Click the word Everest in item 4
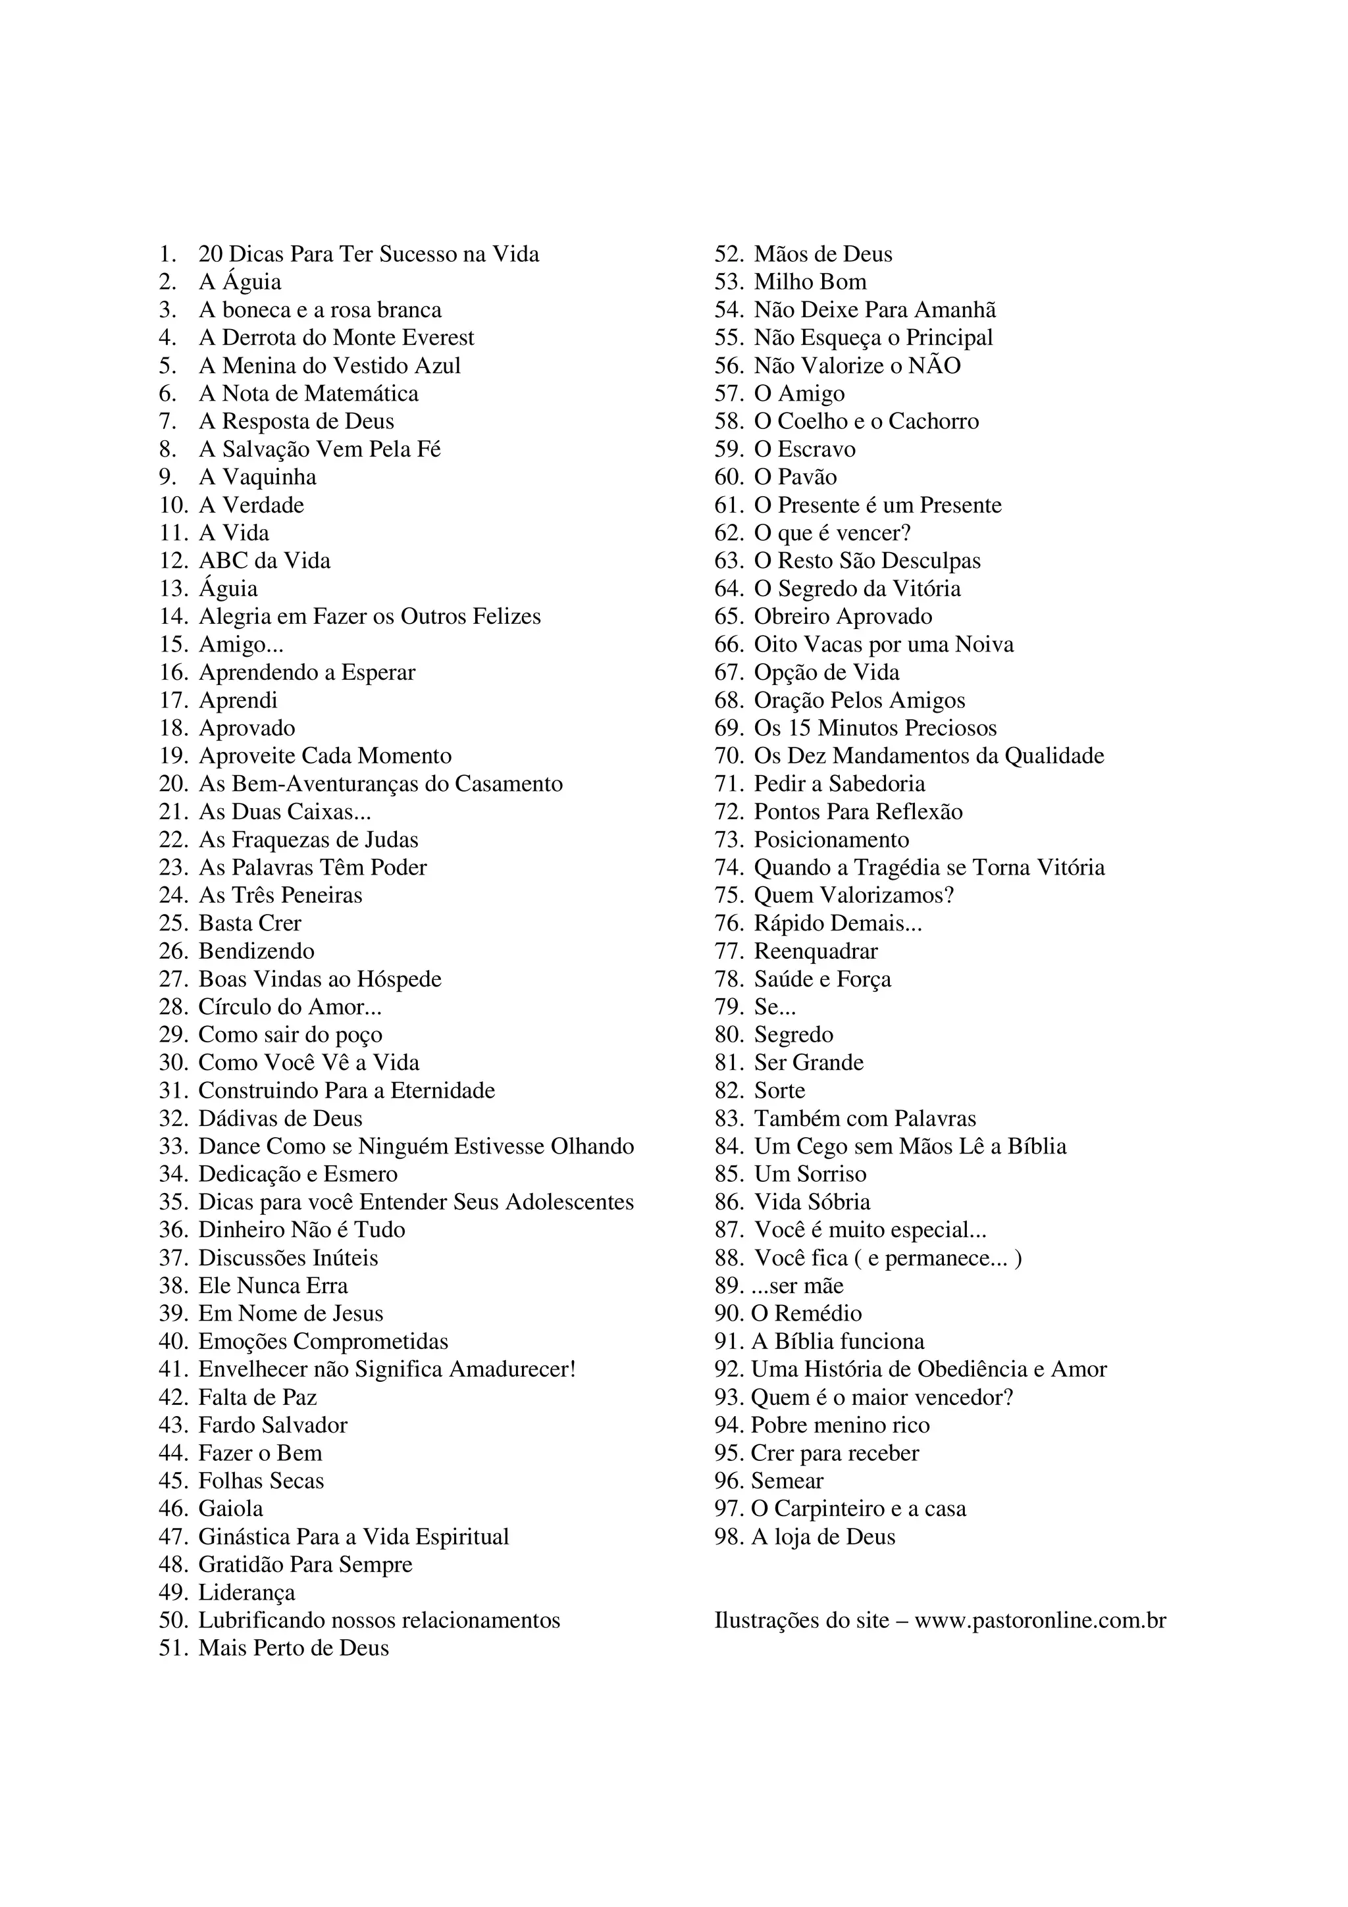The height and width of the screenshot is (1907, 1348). point(438,338)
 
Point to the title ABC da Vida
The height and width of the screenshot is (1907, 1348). point(264,561)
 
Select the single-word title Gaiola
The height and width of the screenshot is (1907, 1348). point(231,1508)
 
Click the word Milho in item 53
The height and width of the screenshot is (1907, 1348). point(780,282)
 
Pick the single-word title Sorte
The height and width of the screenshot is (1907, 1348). point(779,1090)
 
